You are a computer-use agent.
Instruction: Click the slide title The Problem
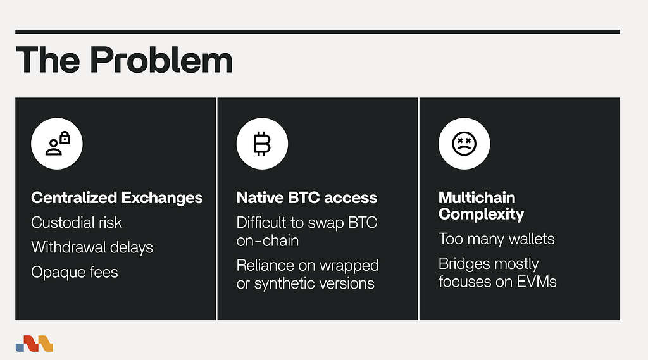(124, 60)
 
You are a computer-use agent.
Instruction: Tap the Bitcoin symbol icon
(262, 144)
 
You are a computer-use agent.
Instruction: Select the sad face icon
(464, 144)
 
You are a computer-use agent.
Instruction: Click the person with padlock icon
(58, 144)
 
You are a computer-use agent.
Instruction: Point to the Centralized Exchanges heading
(117, 198)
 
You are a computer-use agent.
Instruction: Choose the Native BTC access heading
(307, 198)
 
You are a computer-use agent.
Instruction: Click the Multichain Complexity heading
(481, 206)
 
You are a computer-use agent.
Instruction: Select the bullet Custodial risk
(77, 223)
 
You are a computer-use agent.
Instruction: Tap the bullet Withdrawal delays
(92, 247)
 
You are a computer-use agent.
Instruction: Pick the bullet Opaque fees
(75, 273)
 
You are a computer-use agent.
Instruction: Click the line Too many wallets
(496, 239)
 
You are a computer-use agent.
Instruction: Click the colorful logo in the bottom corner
(34, 344)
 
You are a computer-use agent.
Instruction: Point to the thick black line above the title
(318, 32)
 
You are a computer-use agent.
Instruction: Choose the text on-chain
(268, 240)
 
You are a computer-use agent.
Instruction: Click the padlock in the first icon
(65, 138)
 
